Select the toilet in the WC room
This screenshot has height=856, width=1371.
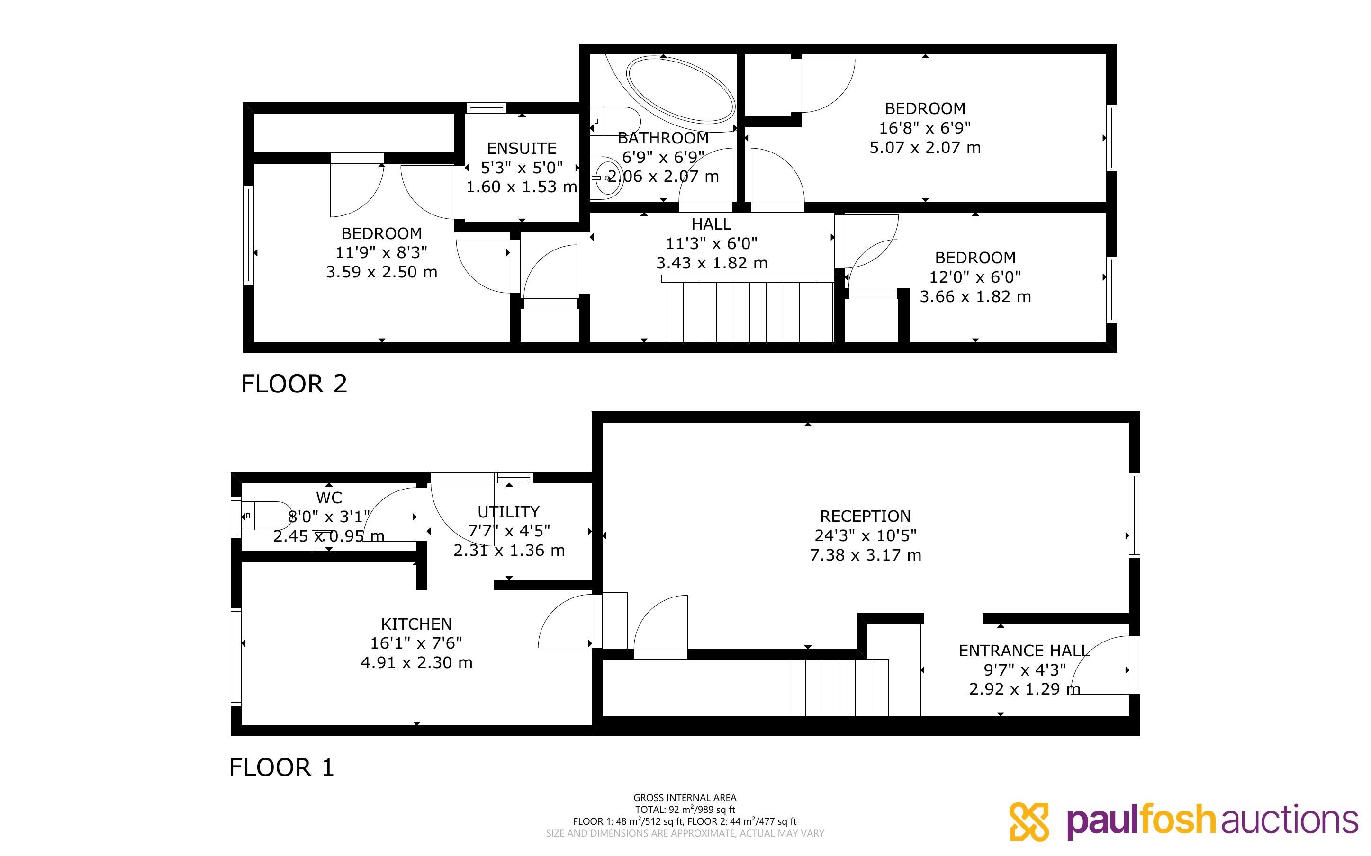click(x=266, y=516)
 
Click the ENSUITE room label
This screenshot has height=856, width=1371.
click(x=522, y=148)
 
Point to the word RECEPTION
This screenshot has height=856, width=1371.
click(x=866, y=517)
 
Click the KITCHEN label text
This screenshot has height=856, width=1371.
click(x=416, y=624)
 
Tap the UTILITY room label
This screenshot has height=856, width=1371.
click(x=508, y=512)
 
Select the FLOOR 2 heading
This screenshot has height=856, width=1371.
click(x=294, y=384)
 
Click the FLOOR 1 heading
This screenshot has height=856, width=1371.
click(x=281, y=767)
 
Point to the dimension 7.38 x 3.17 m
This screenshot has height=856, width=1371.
click(x=866, y=555)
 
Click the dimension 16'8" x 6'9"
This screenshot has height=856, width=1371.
click(x=925, y=128)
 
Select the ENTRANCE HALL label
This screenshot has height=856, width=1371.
click(x=1024, y=651)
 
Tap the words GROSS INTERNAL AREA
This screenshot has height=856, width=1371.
click(x=685, y=798)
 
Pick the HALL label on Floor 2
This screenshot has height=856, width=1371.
click(x=711, y=224)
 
